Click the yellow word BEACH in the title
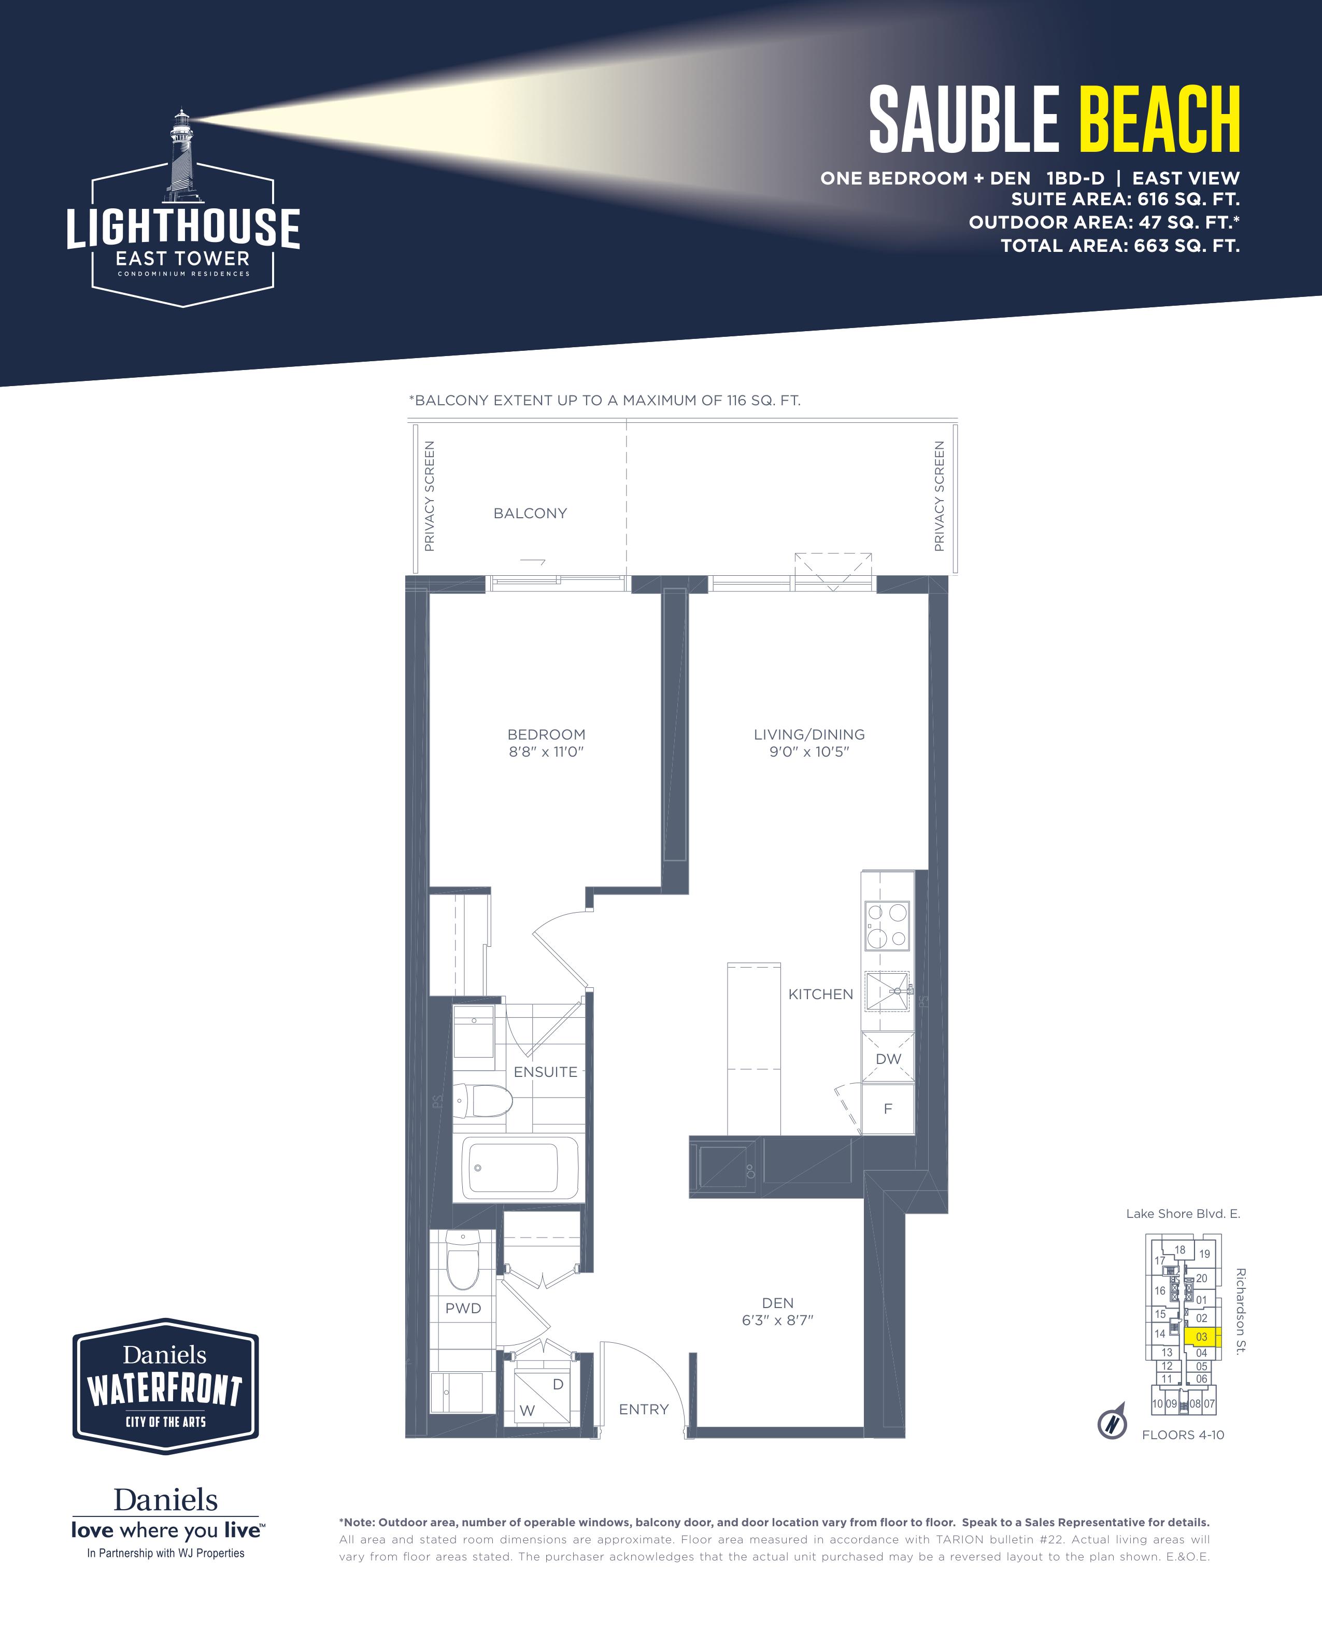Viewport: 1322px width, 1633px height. pyautogui.click(x=1160, y=120)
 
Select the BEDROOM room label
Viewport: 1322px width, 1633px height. pyautogui.click(x=546, y=735)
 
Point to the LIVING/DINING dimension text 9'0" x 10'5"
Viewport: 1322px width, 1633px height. pyautogui.click(x=809, y=752)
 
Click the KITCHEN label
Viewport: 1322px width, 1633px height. pyautogui.click(x=820, y=995)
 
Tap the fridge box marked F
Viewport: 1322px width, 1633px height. pyautogui.click(x=888, y=1109)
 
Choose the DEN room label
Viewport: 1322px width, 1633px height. pyautogui.click(x=777, y=1303)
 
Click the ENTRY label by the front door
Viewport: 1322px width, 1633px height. pyautogui.click(x=644, y=1410)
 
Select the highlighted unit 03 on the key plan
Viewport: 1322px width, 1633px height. pyautogui.click(x=1202, y=1337)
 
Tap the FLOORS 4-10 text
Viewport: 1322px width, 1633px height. pyautogui.click(x=1183, y=1435)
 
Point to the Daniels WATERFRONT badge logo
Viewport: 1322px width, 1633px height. pyautogui.click(x=165, y=1386)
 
